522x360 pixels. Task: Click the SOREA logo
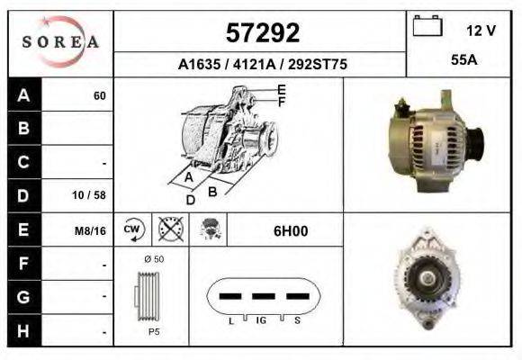click(60, 42)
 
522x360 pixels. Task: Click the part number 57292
click(262, 33)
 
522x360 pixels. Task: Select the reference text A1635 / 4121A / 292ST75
click(263, 66)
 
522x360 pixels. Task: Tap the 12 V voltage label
click(481, 31)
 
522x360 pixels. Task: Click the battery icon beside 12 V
click(427, 27)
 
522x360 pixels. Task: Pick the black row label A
click(24, 96)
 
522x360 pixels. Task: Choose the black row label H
click(24, 330)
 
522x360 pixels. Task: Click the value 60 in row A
click(99, 96)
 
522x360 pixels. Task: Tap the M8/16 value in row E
click(91, 231)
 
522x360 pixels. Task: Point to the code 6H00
click(291, 231)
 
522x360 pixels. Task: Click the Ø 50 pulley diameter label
click(152, 259)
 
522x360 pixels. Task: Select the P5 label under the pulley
click(153, 332)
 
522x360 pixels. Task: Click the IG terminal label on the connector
click(261, 319)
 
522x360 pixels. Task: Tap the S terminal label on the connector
click(297, 319)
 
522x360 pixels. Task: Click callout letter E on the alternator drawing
click(282, 89)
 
